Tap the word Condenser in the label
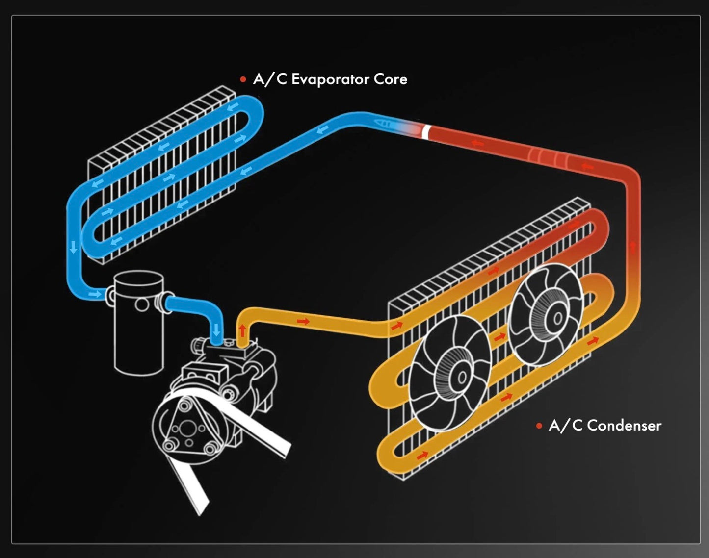coord(624,425)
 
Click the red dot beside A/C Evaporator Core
coord(243,79)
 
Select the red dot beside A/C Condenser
coord(539,426)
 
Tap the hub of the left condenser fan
coord(461,377)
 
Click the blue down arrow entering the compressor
coord(216,330)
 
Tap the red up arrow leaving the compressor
coord(242,329)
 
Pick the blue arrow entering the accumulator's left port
coord(95,294)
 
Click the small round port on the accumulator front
coord(142,305)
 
